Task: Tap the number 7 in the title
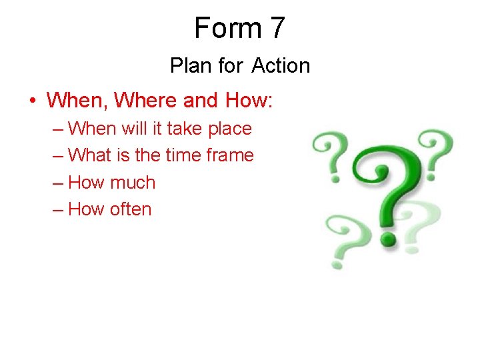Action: (278, 29)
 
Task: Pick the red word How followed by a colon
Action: (250, 101)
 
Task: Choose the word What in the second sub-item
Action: (90, 155)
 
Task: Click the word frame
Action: (229, 155)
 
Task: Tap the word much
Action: (133, 182)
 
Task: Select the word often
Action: (131, 209)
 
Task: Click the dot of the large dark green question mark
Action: (387, 238)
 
